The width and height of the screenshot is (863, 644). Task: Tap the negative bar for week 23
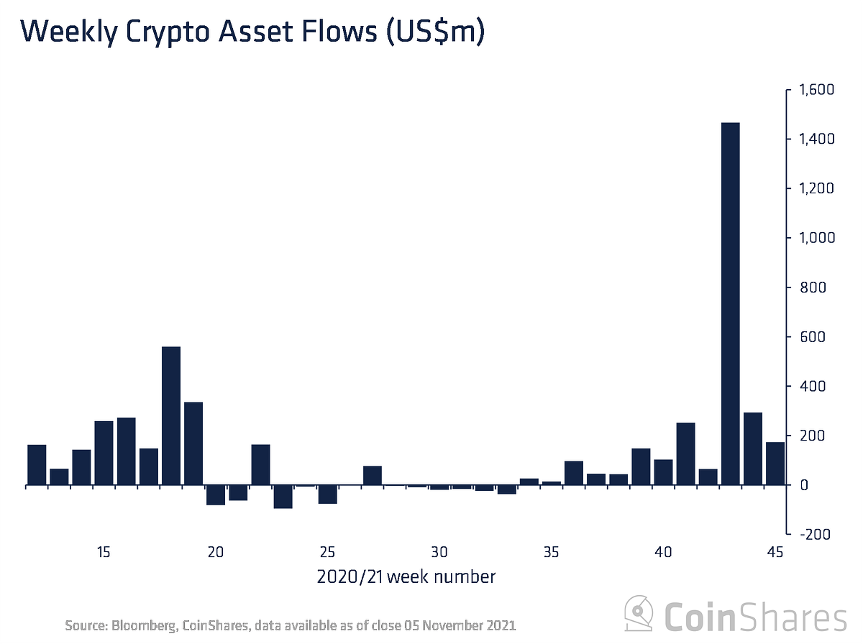(283, 497)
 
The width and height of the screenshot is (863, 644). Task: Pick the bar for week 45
(775, 464)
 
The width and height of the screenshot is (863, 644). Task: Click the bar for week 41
(685, 454)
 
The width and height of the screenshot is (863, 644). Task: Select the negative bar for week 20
(216, 495)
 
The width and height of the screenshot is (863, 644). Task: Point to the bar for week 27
(372, 476)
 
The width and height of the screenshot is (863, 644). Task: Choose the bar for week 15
(104, 453)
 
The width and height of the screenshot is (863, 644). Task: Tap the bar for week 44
(752, 448)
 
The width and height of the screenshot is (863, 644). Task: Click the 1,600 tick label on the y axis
(812, 90)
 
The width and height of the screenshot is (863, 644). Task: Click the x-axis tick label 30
(439, 553)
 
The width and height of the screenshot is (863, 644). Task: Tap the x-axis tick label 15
(104, 553)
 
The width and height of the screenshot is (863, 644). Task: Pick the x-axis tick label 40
(662, 553)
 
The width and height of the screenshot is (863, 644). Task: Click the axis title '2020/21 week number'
(406, 576)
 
